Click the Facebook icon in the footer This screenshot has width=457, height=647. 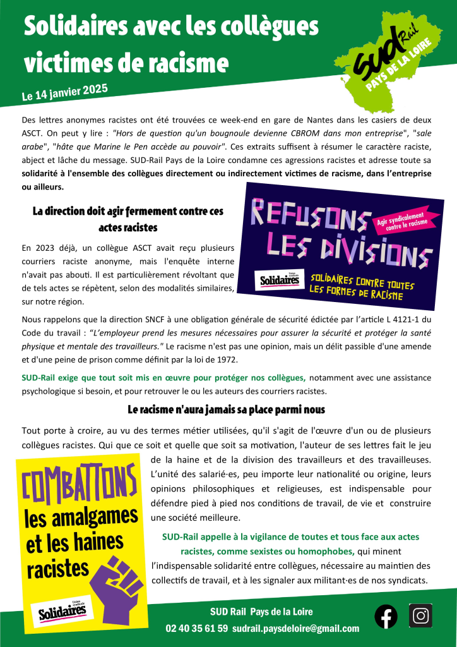[386, 616]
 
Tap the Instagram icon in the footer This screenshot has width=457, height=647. [420, 615]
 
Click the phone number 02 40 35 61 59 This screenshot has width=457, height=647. [196, 629]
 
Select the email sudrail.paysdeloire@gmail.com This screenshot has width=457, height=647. [295, 629]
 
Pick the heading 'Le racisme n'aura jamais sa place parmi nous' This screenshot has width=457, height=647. [226, 410]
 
